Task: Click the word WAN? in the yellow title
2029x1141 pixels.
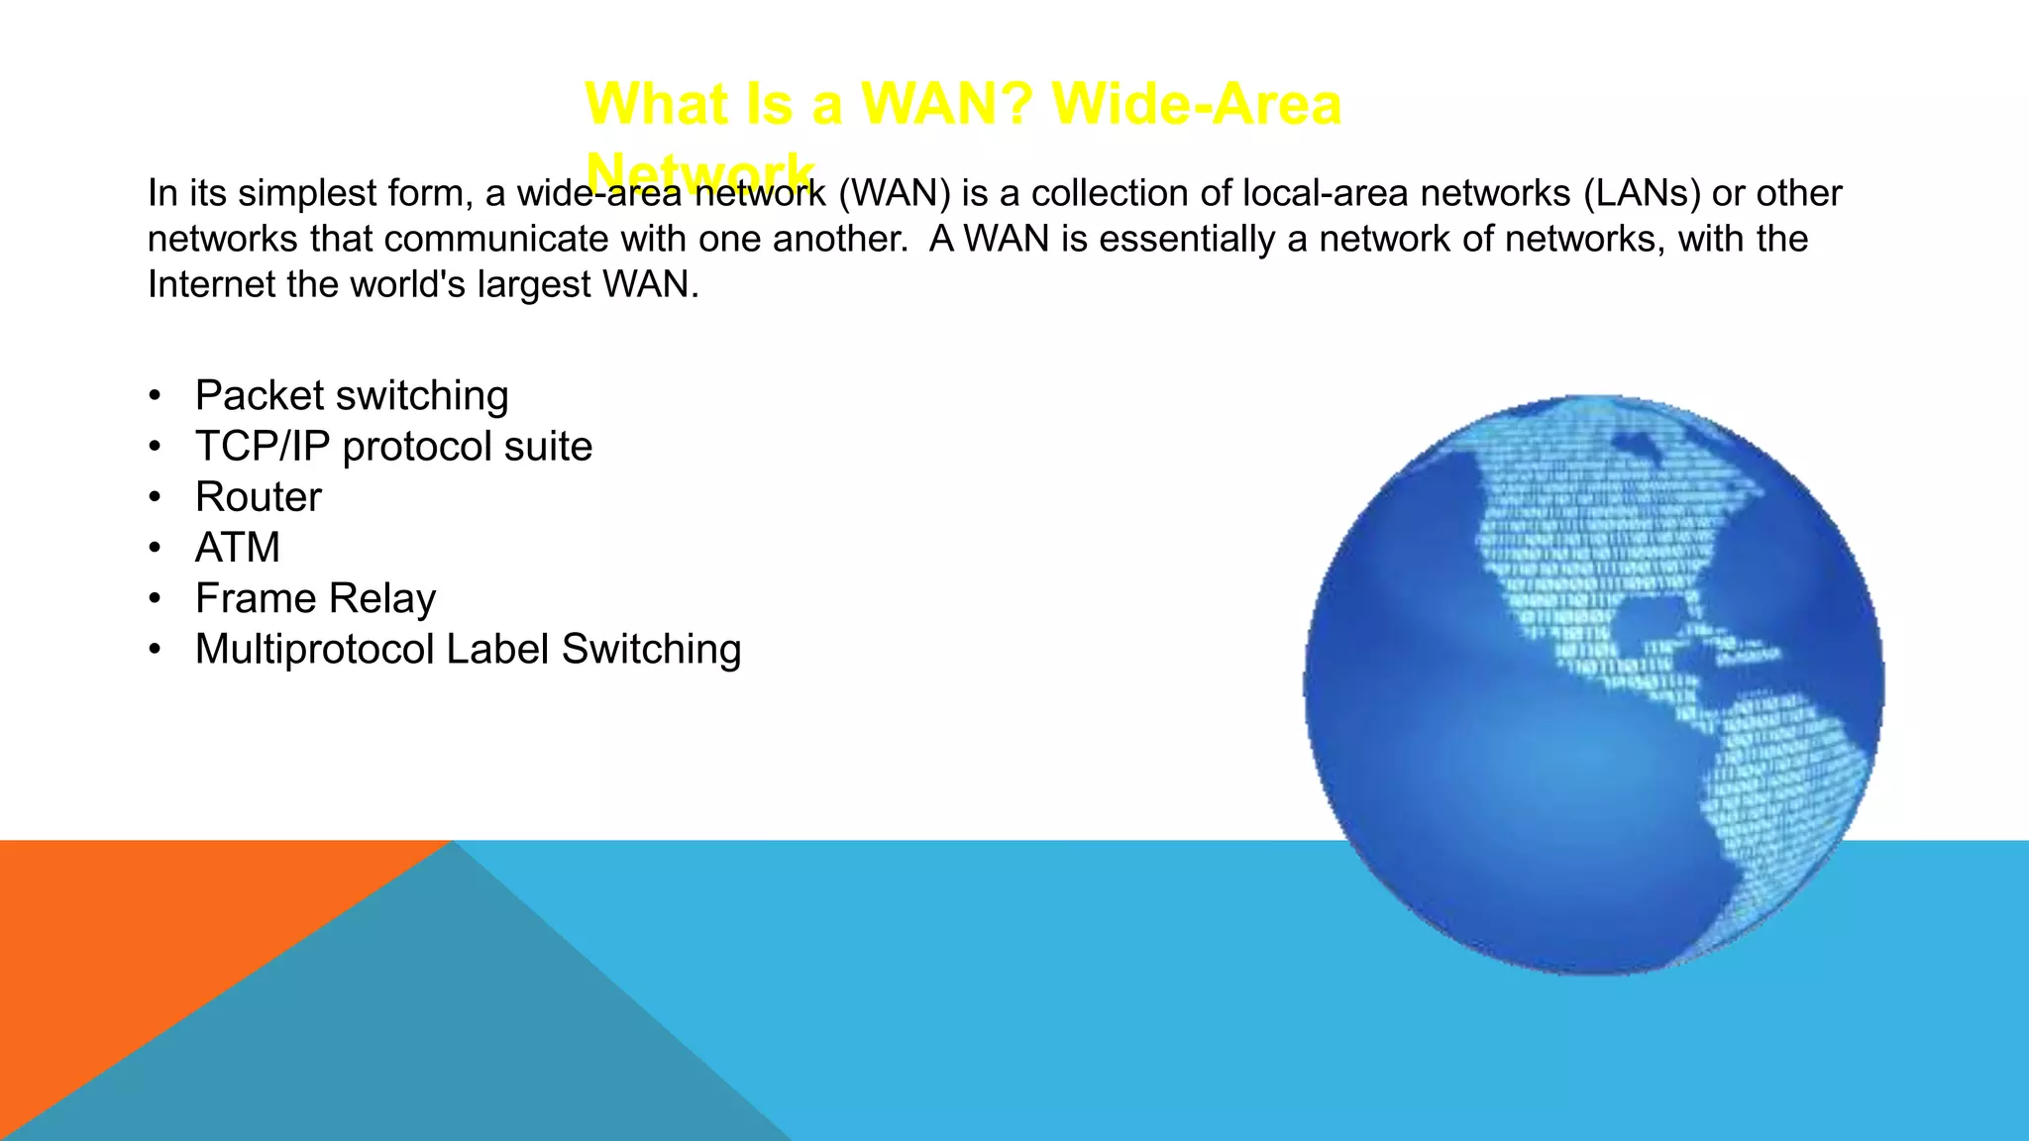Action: (946, 103)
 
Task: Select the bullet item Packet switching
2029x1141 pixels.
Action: (352, 395)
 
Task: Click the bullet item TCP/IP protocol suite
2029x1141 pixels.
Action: (393, 446)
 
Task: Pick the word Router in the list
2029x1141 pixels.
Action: (259, 496)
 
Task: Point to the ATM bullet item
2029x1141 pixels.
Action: (238, 548)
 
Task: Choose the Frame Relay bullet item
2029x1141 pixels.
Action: (315, 598)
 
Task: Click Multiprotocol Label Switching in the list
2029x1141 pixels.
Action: (468, 649)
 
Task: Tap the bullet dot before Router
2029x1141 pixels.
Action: (155, 497)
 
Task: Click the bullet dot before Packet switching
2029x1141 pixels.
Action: (155, 396)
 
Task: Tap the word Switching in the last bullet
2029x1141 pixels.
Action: (651, 649)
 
